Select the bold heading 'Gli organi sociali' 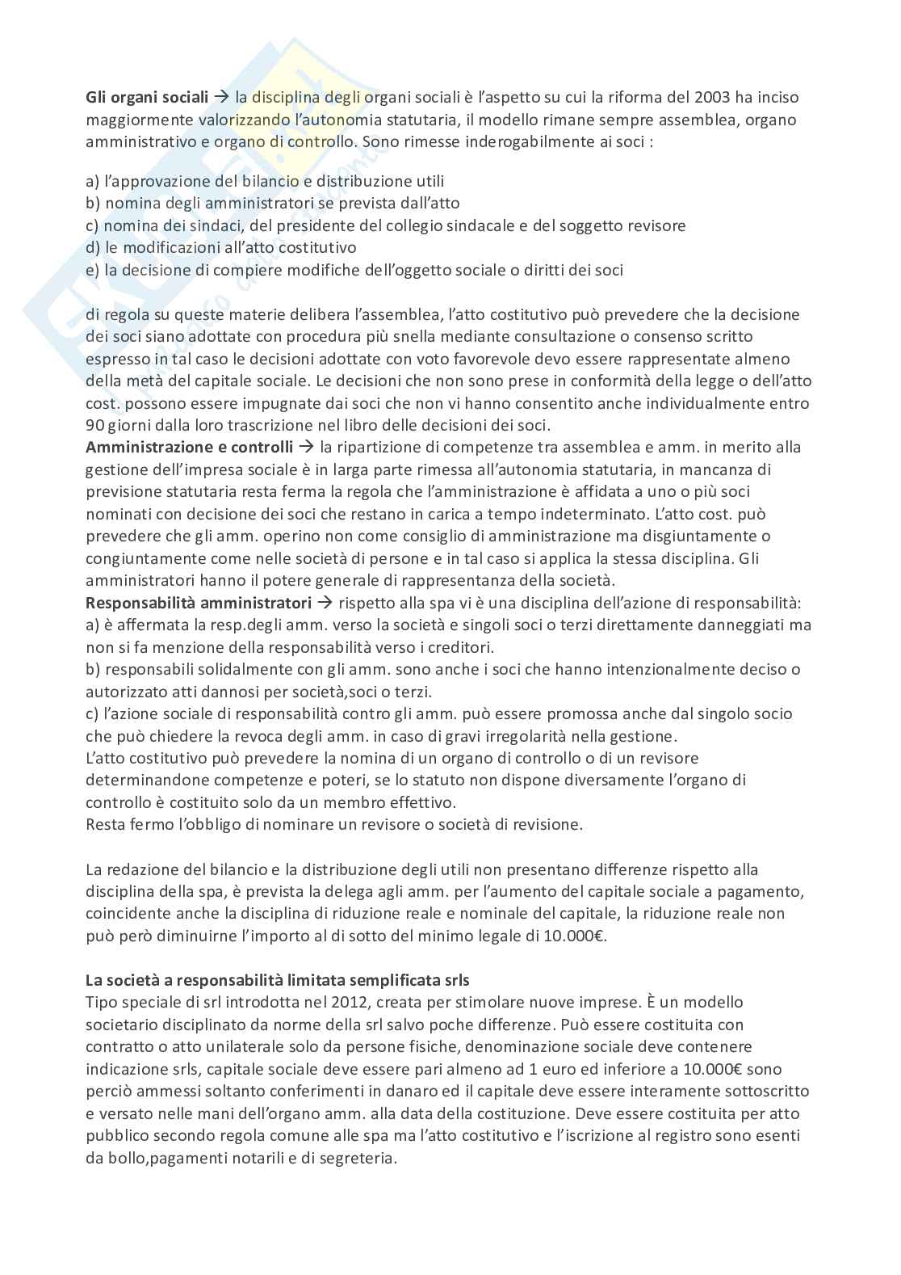pos(147,98)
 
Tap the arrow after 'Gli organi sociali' pos(222,98)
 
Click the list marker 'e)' pos(94,271)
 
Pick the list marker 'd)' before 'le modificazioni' pos(94,248)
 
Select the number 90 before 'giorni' pos(94,425)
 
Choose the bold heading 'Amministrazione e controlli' pos(189,447)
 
